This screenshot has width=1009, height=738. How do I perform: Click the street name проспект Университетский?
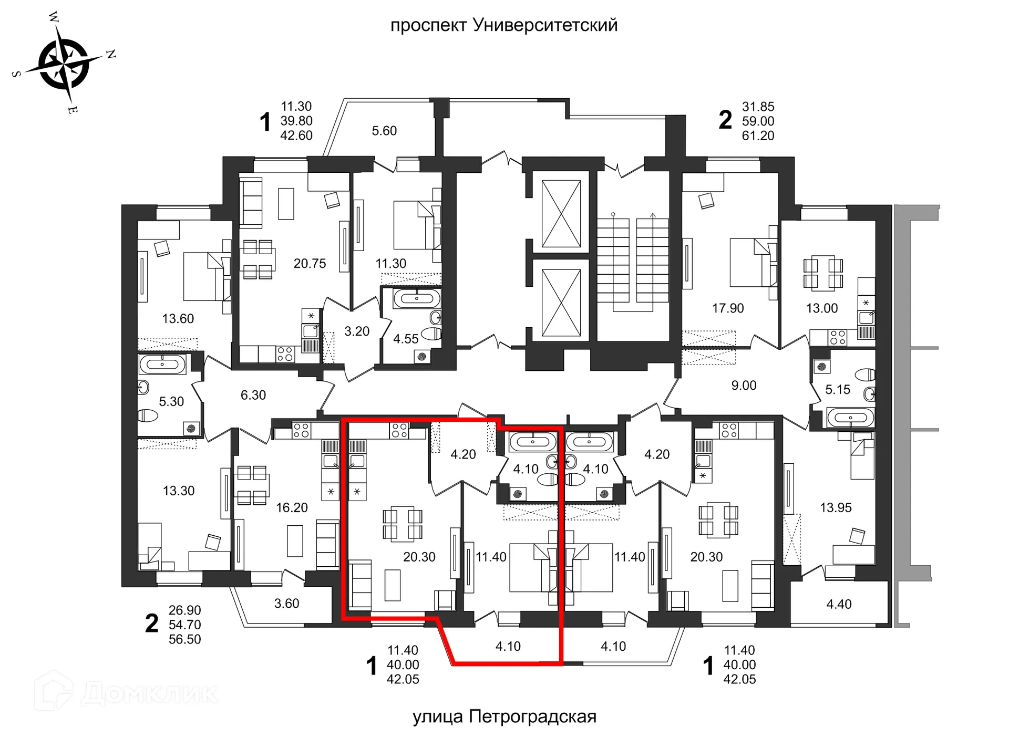(503, 25)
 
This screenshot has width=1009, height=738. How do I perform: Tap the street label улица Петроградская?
(504, 716)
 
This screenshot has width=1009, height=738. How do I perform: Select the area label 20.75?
(310, 264)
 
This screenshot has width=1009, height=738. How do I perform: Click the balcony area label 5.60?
(384, 131)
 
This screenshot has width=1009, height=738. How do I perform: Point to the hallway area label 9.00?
(744, 386)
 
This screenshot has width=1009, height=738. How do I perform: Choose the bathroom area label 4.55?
(406, 339)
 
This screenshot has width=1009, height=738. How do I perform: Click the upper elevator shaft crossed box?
(561, 214)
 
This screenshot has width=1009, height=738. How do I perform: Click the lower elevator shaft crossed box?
(561, 303)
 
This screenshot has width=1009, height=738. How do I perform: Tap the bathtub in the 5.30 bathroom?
(162, 364)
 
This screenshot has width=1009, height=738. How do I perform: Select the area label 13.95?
(836, 508)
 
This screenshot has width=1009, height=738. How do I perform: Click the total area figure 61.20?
(758, 136)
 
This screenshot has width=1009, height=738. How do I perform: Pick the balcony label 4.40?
(839, 605)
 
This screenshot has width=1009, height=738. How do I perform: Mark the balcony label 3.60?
(286, 604)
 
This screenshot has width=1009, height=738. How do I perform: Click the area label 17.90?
(728, 308)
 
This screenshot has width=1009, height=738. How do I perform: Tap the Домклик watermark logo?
(126, 692)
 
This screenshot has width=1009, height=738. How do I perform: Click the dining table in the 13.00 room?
(823, 273)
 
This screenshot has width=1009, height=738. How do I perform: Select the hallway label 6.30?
(253, 395)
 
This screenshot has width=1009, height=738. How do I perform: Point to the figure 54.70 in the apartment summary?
(184, 625)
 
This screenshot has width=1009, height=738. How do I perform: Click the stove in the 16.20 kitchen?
(301, 431)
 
